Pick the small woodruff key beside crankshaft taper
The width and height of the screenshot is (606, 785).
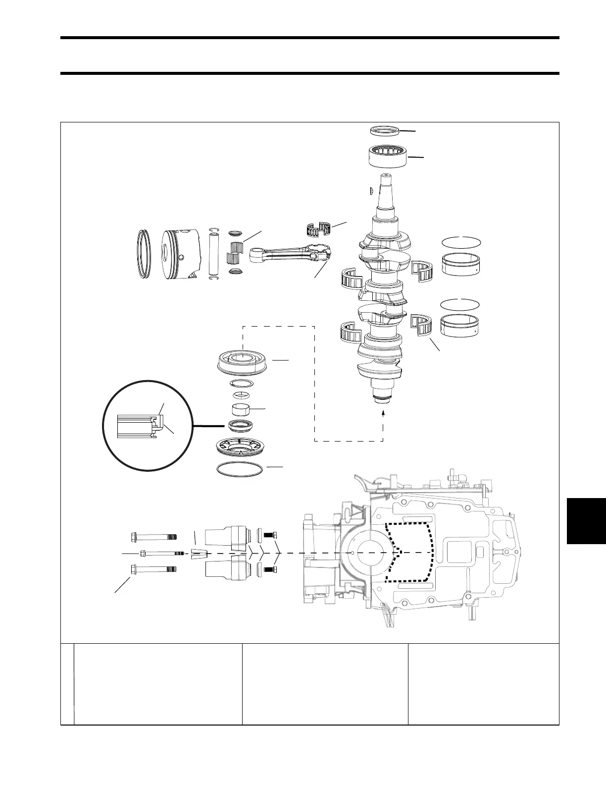[x=371, y=190]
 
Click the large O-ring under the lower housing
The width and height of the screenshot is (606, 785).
[x=240, y=470]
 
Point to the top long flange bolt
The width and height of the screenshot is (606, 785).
[x=153, y=537]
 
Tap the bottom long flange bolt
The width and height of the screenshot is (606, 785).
[x=153, y=569]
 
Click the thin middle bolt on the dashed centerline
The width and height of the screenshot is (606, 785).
[x=158, y=553]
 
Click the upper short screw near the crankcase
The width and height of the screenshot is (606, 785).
[x=269, y=535]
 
